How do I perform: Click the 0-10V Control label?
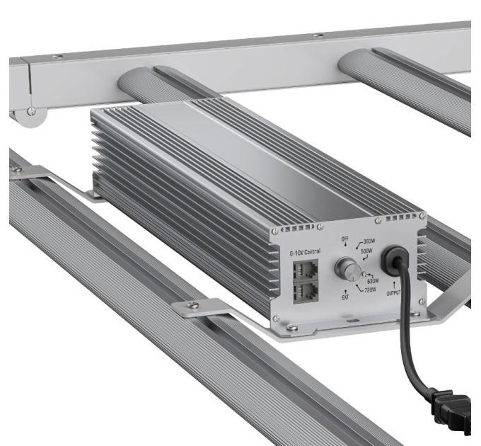[x=305, y=252]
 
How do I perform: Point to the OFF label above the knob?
[x=346, y=239]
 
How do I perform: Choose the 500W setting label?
[x=369, y=251]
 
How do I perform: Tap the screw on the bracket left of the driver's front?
[x=195, y=306]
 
